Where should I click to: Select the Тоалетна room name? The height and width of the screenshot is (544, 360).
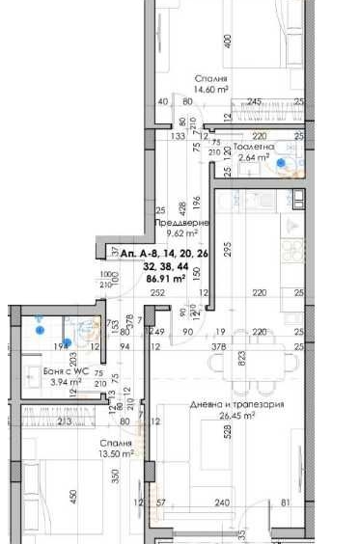[x=254, y=147]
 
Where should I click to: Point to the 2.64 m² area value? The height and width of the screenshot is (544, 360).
[x=253, y=157]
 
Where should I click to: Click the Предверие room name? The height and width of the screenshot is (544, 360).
[x=176, y=223]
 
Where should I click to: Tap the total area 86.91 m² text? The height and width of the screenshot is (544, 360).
[x=164, y=279]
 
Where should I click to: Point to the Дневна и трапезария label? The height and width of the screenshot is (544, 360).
[x=237, y=405]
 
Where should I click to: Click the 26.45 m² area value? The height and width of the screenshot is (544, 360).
[x=236, y=416]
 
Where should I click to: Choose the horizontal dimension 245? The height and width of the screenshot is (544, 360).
[x=254, y=101]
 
